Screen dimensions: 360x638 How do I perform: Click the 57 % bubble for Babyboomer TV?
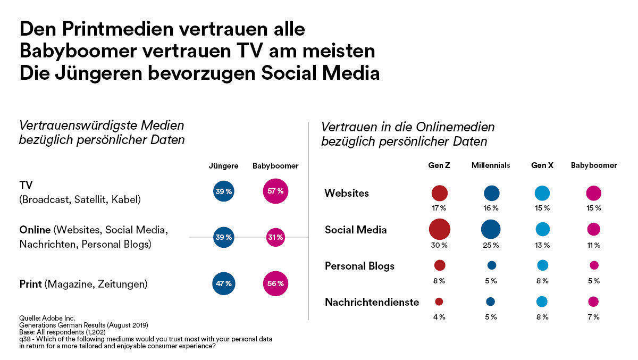point(275,191)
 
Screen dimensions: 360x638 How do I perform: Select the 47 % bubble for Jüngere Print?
point(223,283)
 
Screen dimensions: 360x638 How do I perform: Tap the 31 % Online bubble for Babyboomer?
point(275,237)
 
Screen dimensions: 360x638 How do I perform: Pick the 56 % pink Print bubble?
point(275,283)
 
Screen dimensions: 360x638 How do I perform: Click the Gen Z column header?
point(439,165)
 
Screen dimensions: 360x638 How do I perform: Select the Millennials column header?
point(490,165)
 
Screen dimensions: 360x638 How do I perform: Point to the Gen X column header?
point(542,165)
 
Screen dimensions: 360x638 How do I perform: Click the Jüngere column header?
point(223,166)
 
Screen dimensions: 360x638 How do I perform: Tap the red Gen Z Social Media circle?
point(439,229)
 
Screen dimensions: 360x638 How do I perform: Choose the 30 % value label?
point(439,245)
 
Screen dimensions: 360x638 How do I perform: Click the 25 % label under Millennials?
point(490,245)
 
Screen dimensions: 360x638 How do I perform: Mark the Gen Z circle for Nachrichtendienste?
point(439,302)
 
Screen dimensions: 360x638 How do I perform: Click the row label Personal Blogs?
point(359,266)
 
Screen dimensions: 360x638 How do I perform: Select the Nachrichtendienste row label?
point(372,302)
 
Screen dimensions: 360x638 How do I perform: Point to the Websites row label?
point(347,193)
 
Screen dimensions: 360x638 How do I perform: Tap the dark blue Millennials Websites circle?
point(491,193)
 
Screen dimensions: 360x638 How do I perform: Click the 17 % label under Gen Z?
point(439,208)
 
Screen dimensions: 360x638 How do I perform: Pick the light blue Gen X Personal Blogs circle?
point(542,265)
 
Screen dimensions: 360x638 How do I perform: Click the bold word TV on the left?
point(26,185)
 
